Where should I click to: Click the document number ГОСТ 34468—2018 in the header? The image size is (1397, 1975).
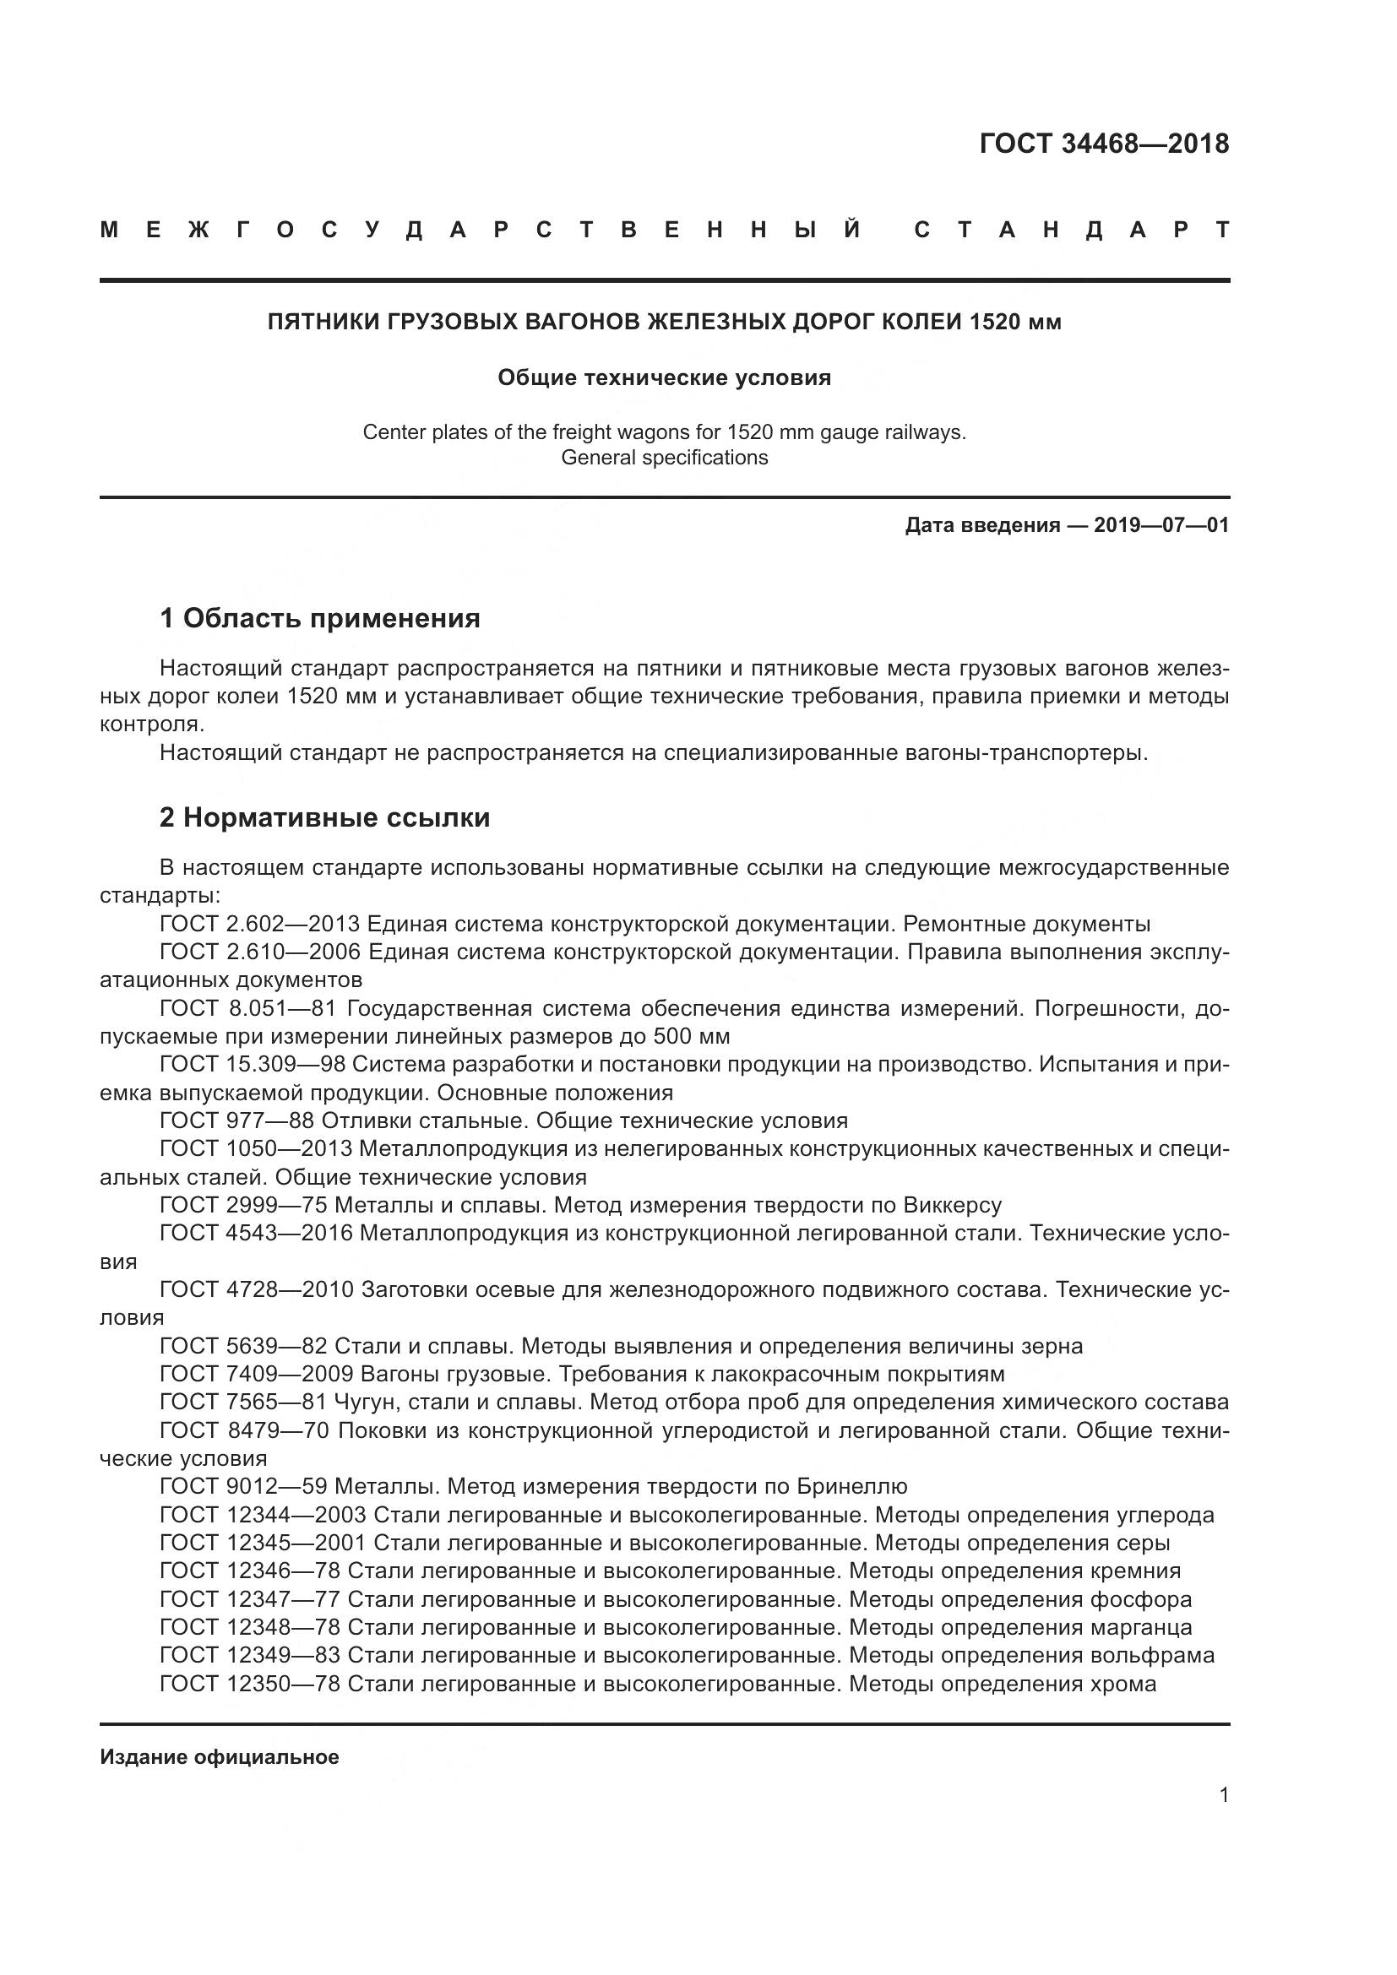point(1104,144)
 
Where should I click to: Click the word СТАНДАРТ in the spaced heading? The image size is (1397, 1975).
point(1071,231)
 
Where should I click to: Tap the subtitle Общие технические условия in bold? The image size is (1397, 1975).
point(664,378)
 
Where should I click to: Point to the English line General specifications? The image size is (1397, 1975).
point(664,458)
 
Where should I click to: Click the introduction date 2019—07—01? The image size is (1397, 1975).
point(1161,524)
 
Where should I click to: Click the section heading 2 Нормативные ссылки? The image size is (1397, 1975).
point(324,817)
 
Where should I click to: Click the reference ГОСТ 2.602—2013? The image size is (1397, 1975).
point(260,925)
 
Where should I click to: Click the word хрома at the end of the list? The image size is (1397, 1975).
point(1122,1684)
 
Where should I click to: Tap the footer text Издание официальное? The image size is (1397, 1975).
point(220,1757)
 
